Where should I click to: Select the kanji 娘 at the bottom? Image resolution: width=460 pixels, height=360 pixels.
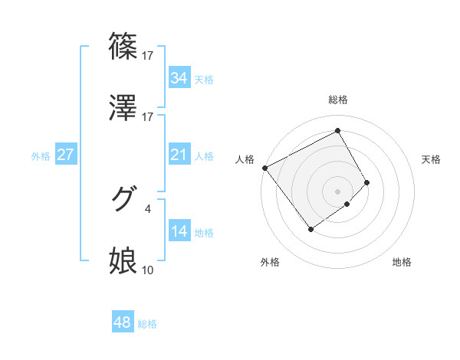pyautogui.click(x=123, y=261)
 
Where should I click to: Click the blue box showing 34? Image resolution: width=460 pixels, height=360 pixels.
pyautogui.click(x=179, y=78)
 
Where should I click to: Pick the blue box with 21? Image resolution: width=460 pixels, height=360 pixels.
pyautogui.click(x=179, y=155)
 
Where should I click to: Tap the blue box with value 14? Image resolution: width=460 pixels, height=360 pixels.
pyautogui.click(x=179, y=231)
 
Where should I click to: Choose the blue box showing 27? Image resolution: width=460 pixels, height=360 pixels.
pyautogui.click(x=65, y=155)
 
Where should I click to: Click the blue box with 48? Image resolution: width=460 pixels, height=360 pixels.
pyautogui.click(x=123, y=322)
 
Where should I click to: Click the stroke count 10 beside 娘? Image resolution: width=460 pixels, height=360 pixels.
pyautogui.click(x=148, y=270)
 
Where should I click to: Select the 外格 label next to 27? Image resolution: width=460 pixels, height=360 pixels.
pyautogui.click(x=41, y=155)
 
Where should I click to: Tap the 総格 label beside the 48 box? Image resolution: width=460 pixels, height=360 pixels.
pyautogui.click(x=147, y=324)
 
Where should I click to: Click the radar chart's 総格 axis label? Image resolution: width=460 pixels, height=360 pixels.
pyautogui.click(x=337, y=100)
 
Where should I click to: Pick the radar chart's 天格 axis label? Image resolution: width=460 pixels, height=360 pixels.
pyautogui.click(x=431, y=159)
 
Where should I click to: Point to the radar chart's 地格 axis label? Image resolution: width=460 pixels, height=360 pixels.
pyautogui.click(x=402, y=262)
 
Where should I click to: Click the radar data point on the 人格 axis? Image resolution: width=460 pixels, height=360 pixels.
pyautogui.click(x=264, y=167)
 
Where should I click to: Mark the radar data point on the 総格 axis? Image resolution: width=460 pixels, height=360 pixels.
pyautogui.click(x=337, y=130)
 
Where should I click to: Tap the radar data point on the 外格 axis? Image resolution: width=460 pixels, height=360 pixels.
pyautogui.click(x=311, y=228)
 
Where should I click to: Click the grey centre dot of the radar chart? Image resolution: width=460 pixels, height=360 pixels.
pyautogui.click(x=337, y=191)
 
